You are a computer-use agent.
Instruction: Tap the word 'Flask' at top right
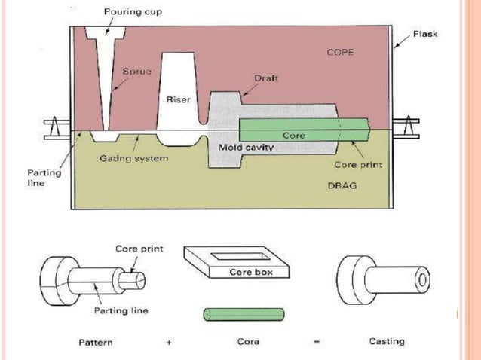point(425,34)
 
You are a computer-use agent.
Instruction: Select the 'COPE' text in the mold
point(341,53)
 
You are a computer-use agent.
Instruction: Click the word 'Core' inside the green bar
point(293,136)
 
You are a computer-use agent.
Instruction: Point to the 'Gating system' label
point(133,159)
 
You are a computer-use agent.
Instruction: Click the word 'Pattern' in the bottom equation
point(96,342)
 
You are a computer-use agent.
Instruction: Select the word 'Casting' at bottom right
point(386,341)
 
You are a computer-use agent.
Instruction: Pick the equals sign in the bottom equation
point(317,343)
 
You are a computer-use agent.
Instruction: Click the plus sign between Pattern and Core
point(170,343)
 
